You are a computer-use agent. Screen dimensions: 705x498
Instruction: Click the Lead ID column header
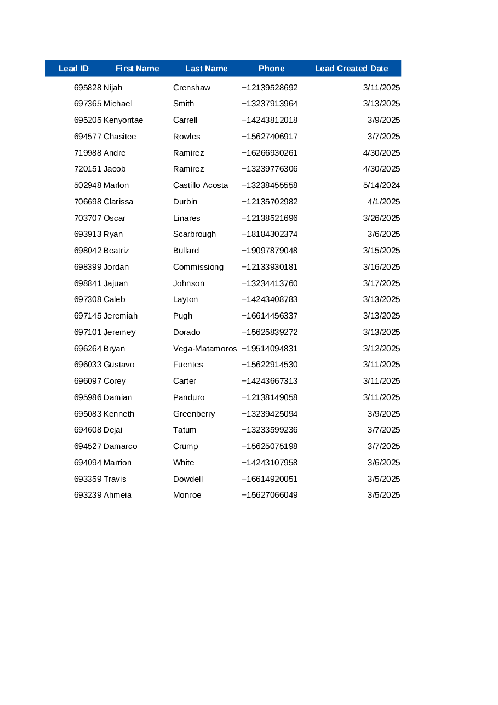(73, 69)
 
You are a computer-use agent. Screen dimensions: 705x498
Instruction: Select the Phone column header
(271, 69)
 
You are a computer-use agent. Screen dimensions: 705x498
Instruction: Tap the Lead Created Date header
(351, 69)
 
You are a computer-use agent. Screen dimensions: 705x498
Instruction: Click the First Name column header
(137, 69)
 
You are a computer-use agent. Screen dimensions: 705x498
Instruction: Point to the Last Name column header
(206, 69)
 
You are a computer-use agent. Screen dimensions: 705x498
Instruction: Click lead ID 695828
(88, 88)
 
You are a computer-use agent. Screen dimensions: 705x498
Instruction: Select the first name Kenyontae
(123, 120)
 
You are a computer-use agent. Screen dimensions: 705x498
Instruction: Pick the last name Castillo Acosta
(201, 185)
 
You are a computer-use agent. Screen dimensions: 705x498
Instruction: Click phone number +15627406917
(270, 137)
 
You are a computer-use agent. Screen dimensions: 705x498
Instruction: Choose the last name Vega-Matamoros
(205, 349)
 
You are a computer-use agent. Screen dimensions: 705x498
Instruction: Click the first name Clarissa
(118, 202)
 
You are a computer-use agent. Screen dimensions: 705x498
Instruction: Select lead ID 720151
(88, 169)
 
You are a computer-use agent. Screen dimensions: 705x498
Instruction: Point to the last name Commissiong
(198, 267)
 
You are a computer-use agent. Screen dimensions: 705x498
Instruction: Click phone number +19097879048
(270, 251)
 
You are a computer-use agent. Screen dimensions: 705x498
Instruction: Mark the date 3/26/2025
(381, 218)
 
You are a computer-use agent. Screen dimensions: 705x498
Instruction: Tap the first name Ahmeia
(117, 495)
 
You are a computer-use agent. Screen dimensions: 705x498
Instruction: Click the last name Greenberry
(194, 414)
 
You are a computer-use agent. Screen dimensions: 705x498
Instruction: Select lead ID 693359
(88, 479)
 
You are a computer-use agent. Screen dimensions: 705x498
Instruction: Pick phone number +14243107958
(270, 463)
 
